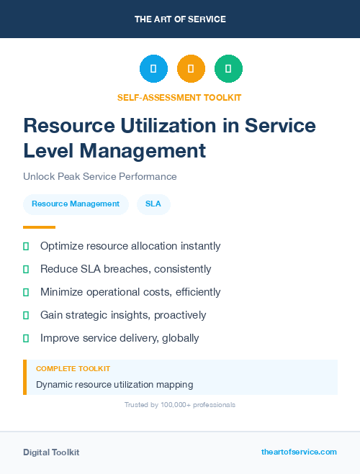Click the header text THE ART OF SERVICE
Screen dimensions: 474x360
click(x=180, y=19)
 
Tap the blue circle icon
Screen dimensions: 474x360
click(x=153, y=68)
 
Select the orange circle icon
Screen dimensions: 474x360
click(x=191, y=68)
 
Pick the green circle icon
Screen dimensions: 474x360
click(x=228, y=68)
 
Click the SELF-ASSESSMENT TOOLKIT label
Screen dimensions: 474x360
click(x=179, y=97)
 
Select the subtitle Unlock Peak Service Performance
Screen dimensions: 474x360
click(x=100, y=176)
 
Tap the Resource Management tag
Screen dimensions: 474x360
click(x=76, y=204)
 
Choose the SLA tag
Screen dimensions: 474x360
click(x=153, y=204)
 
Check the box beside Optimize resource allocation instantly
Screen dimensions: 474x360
click(x=26, y=247)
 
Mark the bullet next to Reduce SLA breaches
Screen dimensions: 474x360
click(x=26, y=270)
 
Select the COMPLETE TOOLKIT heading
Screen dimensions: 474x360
click(x=73, y=368)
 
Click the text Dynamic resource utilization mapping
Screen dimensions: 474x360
click(x=114, y=385)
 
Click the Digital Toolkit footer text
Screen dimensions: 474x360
click(x=51, y=452)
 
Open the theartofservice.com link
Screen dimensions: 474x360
click(x=299, y=452)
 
